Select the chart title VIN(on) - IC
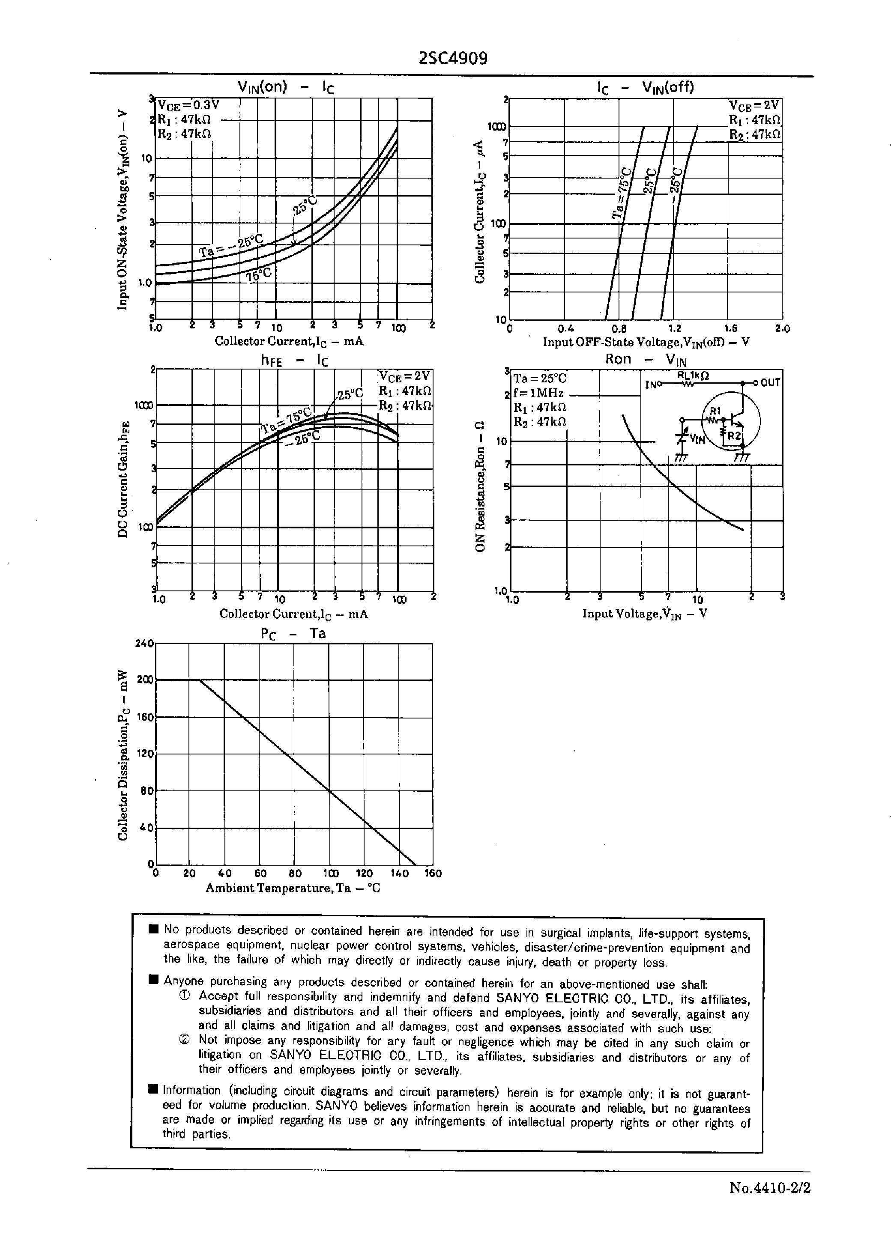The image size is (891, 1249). click(x=285, y=87)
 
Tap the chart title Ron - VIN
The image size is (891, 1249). click(x=645, y=360)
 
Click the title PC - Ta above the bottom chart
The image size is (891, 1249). click(x=293, y=633)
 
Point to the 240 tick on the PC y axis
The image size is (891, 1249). click(x=144, y=643)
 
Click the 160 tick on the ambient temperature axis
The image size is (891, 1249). click(x=433, y=873)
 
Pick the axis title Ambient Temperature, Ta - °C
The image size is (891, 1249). click(x=293, y=888)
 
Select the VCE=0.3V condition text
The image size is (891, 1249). click(x=188, y=105)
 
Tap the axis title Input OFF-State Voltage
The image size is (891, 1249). click(x=646, y=342)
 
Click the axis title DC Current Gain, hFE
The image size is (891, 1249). click(x=123, y=479)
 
